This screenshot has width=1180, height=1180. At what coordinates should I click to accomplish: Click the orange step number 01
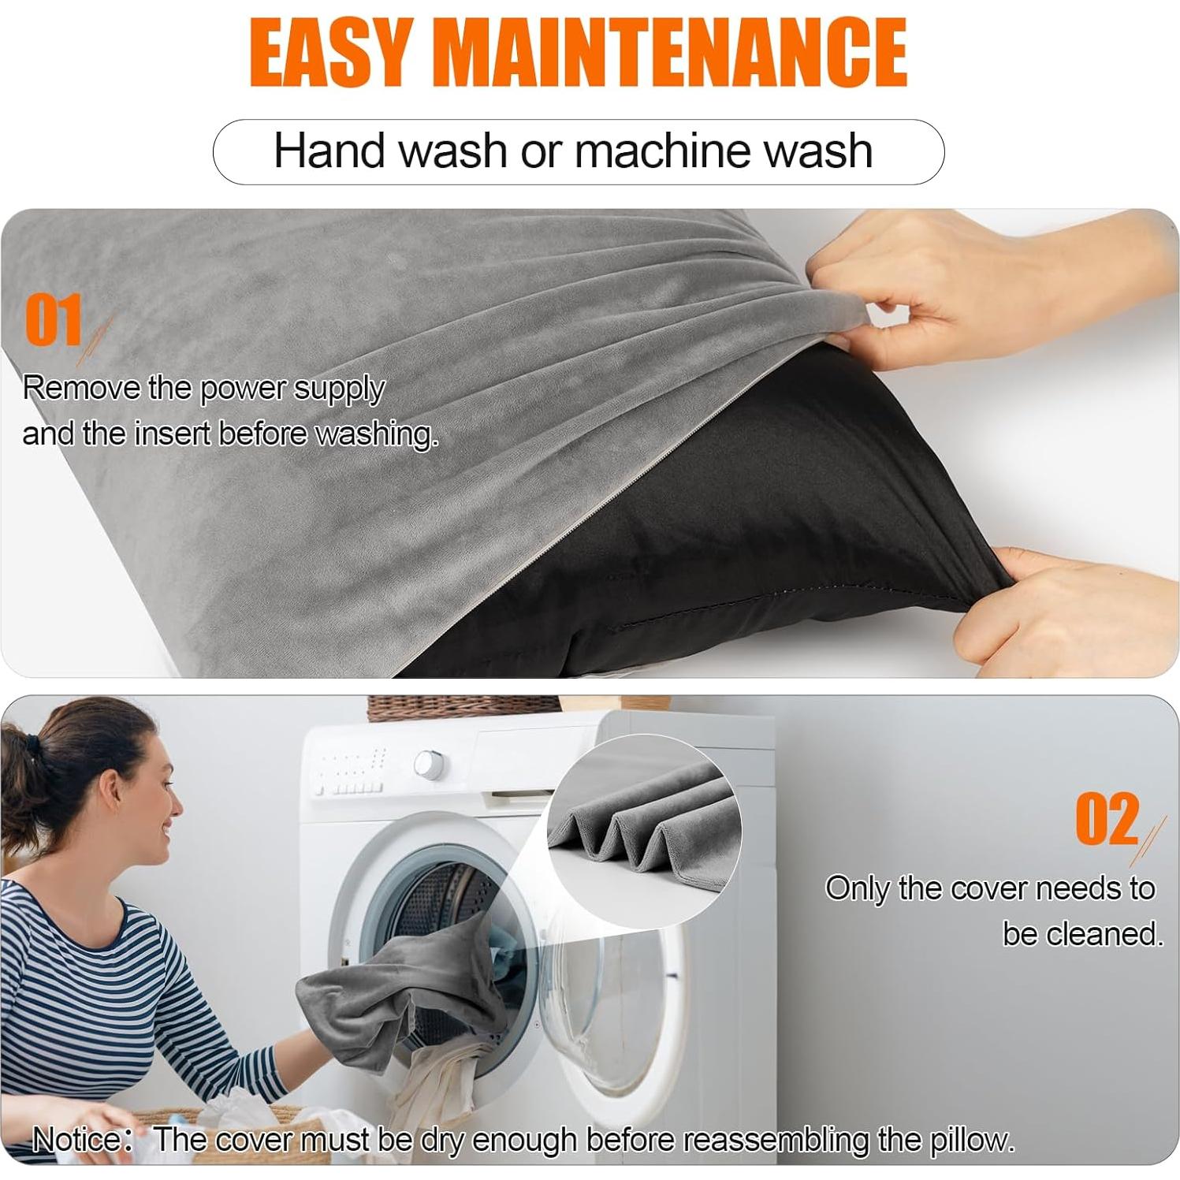[x=54, y=321]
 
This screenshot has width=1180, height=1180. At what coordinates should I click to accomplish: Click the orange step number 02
[x=1107, y=820]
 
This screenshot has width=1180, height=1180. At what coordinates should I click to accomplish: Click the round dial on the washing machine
[x=428, y=763]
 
